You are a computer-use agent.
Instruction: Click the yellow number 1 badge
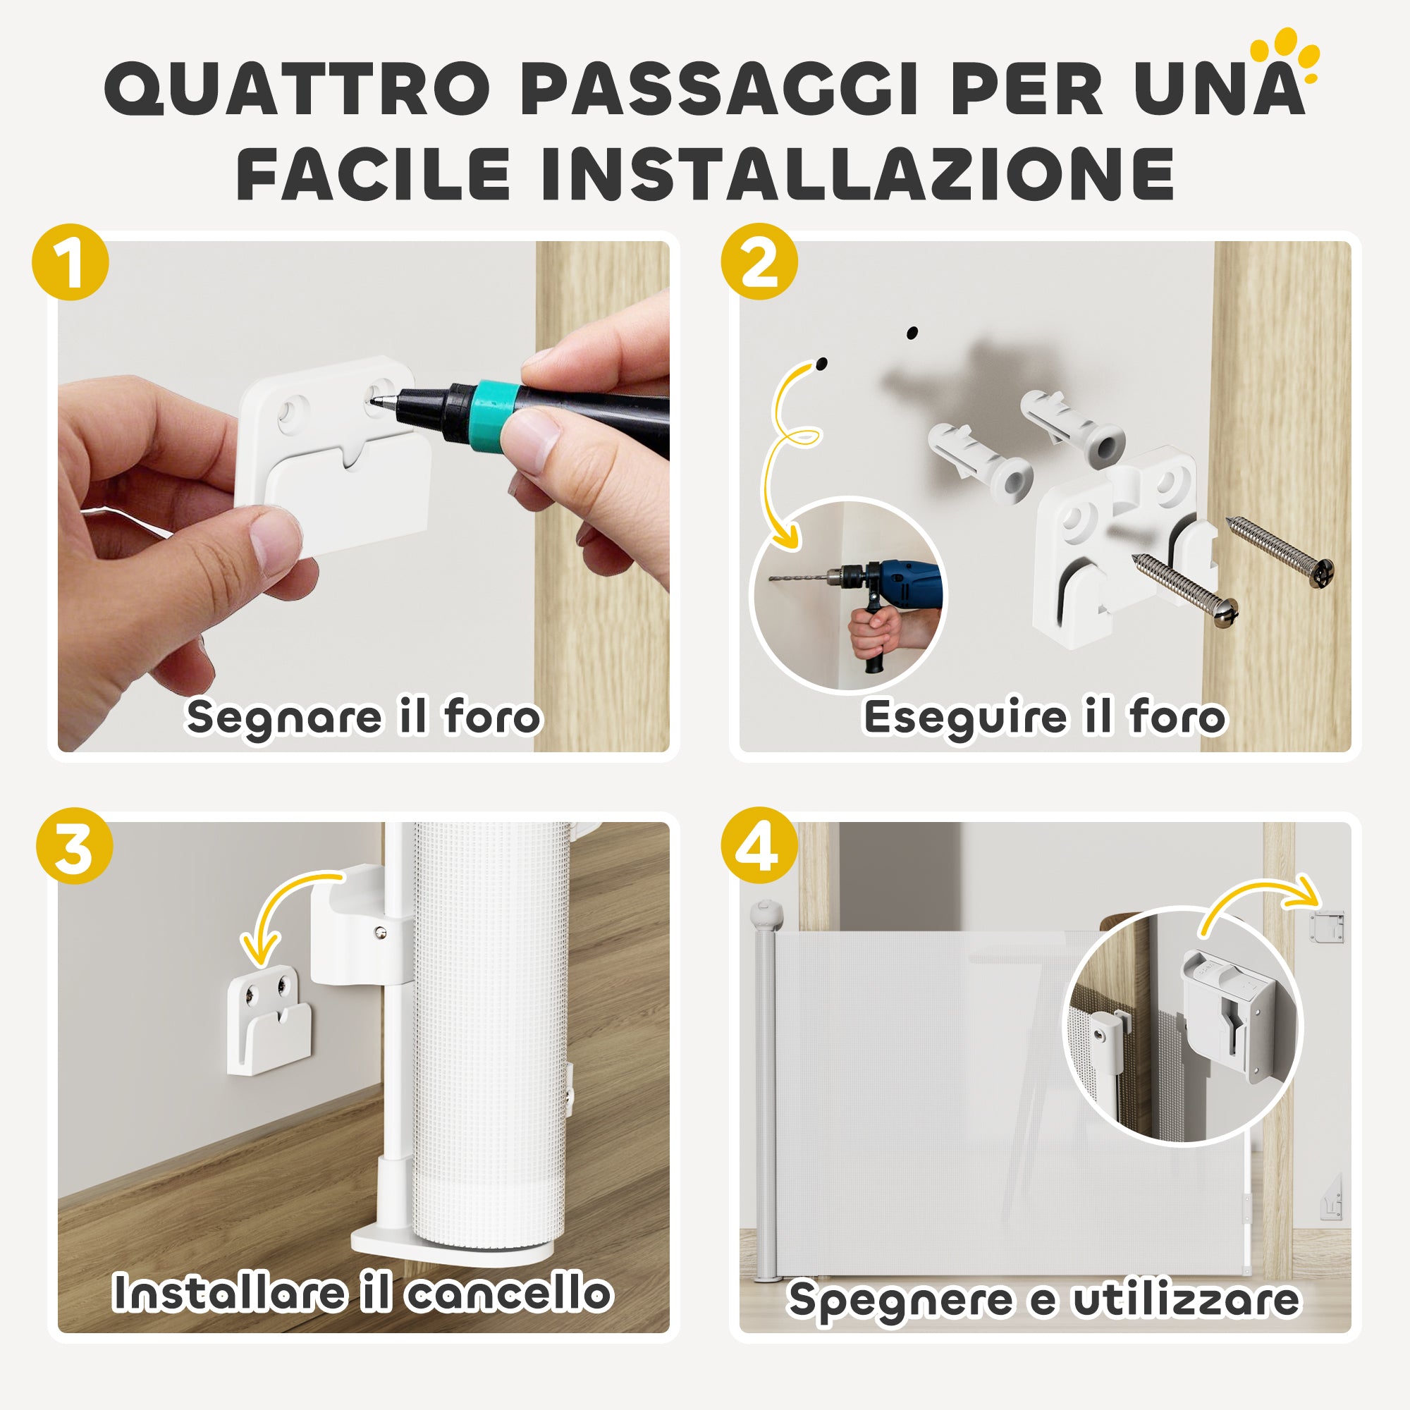(70, 263)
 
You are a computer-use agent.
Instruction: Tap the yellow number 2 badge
(759, 263)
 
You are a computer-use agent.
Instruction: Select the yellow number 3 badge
(74, 846)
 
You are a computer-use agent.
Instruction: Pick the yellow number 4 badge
(759, 846)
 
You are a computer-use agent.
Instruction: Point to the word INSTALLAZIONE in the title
(857, 175)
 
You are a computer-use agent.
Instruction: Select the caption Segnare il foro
(362, 717)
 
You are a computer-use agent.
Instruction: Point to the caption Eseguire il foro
(1044, 717)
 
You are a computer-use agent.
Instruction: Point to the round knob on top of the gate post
(767, 914)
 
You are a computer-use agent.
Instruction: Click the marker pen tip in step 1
(376, 400)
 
